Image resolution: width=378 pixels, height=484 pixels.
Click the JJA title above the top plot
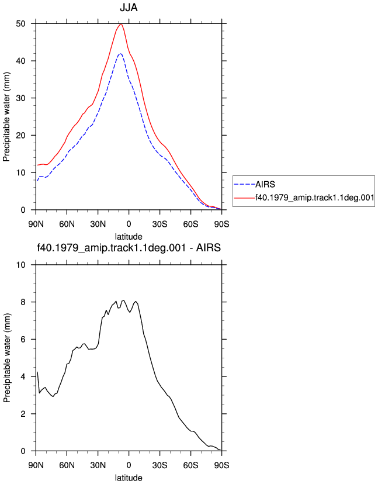pyautogui.click(x=129, y=8)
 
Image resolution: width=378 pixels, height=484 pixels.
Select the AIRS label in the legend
pyautogui.click(x=265, y=184)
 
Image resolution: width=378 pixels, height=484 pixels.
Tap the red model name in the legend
pyautogui.click(x=315, y=197)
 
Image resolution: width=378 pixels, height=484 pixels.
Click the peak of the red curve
pyautogui.click(x=121, y=25)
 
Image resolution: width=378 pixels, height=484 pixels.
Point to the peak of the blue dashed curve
pyautogui.click(x=120, y=53)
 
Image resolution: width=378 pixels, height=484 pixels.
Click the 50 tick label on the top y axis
pyautogui.click(x=20, y=24)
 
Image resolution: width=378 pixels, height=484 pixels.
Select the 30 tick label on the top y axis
pyautogui.click(x=20, y=98)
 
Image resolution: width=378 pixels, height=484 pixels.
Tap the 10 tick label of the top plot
pyautogui.click(x=20, y=172)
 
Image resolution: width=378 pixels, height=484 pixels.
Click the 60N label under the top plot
pyautogui.click(x=67, y=224)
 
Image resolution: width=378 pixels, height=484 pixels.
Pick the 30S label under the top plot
pyautogui.click(x=160, y=224)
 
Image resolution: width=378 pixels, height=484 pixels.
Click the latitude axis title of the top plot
pyautogui.click(x=129, y=237)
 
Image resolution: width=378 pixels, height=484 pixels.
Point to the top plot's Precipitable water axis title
pyautogui.click(x=6, y=117)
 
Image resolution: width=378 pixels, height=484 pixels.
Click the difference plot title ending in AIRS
pyautogui.click(x=129, y=248)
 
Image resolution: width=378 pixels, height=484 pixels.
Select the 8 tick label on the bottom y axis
pyautogui.click(x=23, y=302)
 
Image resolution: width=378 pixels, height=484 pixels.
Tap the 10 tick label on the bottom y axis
pyautogui.click(x=20, y=265)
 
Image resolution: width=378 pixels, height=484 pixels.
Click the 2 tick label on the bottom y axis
pyautogui.click(x=23, y=414)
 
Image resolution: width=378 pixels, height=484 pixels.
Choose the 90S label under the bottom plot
pyautogui.click(x=221, y=465)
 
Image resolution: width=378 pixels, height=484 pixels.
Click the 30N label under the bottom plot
pyautogui.click(x=98, y=465)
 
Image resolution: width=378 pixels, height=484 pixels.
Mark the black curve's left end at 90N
pyautogui.click(x=37, y=372)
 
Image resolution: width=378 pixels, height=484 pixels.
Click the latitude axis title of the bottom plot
pyautogui.click(x=129, y=478)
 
